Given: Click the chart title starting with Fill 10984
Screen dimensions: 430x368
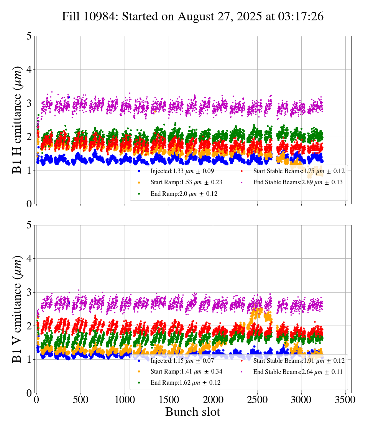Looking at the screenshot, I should (193, 17).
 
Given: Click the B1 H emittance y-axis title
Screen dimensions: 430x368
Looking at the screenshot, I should (17, 120).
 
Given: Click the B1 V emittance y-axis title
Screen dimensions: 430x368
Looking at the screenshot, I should (17, 309).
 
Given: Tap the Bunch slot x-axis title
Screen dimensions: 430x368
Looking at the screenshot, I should (193, 412).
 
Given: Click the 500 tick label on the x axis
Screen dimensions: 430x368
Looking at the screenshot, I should (80, 400).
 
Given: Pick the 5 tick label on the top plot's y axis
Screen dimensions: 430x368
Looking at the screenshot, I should (29, 36).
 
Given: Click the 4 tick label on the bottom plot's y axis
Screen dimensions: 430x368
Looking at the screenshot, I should (29, 259).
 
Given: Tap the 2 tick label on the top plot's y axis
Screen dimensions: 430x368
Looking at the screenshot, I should (29, 137).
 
